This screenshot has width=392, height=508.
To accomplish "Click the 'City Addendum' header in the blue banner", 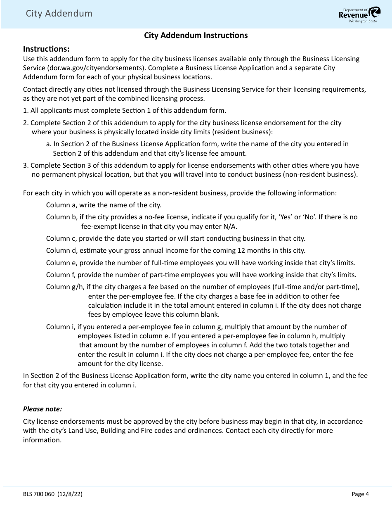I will coord(59,14).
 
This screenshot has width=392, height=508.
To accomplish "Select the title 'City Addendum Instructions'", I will coord(196,36).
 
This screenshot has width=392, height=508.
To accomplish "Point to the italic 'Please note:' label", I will coord(43,409).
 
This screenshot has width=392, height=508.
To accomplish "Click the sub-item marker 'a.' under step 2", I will coord(49,144).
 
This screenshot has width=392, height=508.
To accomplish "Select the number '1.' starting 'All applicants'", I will coord(26,111).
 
